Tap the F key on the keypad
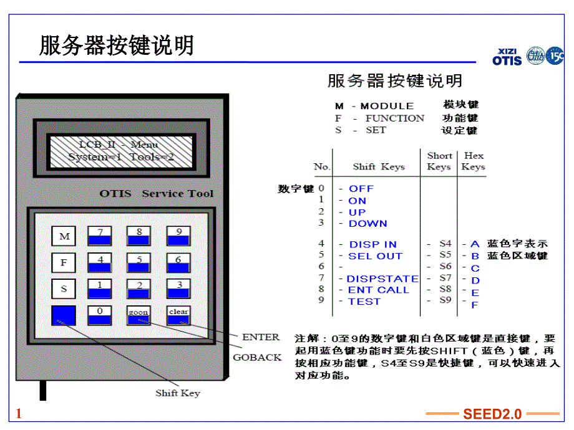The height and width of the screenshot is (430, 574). pos(64,262)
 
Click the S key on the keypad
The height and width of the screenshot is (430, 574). pos(64,289)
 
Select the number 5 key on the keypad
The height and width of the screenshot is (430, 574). pos(139,262)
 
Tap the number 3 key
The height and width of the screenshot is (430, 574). pos(178,289)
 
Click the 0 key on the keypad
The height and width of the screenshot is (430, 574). pos(99,315)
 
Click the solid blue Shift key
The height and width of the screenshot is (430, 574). pos(64,315)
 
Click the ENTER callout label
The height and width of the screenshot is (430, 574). pos(261,337)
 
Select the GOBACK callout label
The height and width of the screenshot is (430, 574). pos(257,358)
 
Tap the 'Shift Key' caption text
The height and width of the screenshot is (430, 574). pos(178,393)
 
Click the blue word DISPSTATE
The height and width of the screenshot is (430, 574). pos(382,279)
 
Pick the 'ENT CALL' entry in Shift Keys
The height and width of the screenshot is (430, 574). pos(378,290)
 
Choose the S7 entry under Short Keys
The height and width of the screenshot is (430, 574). pos(444,279)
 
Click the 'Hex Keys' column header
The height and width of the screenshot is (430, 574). pos(474,161)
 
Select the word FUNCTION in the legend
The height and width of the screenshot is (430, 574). pos(394,118)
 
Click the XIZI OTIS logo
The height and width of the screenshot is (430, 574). pos(507,57)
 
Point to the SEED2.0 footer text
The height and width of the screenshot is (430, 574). pos(492,414)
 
